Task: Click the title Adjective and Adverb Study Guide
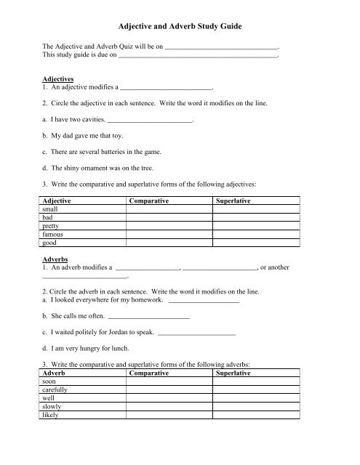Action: [x=180, y=26]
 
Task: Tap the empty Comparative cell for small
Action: [x=169, y=209]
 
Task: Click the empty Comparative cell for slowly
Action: [x=169, y=407]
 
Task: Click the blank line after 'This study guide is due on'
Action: [x=198, y=55]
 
